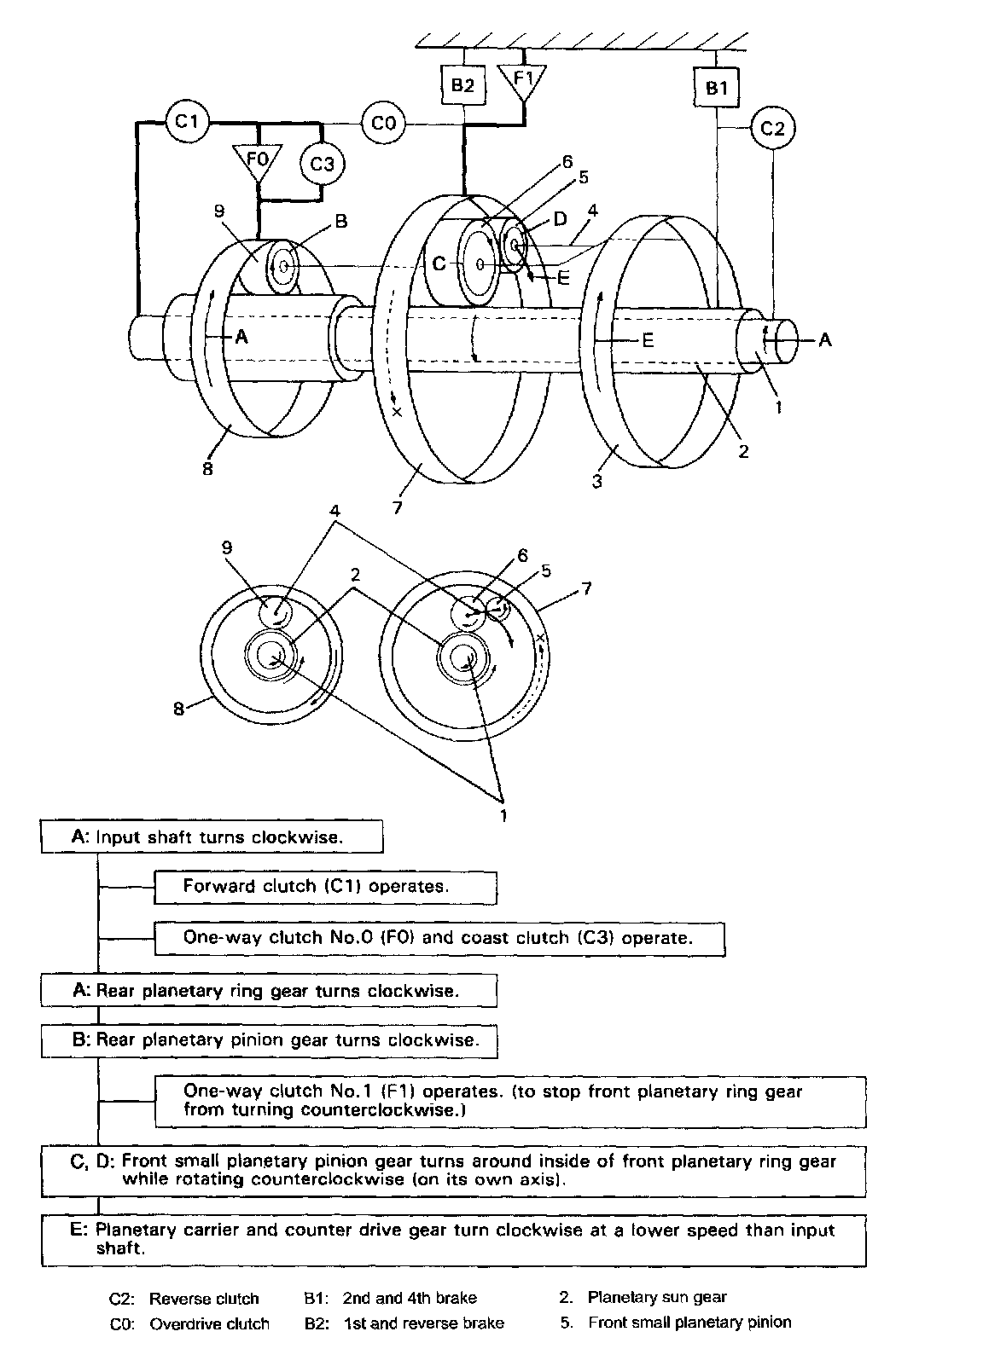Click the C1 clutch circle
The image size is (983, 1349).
[187, 122]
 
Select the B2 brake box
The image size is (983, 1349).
[462, 85]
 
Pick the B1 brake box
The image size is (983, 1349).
[717, 87]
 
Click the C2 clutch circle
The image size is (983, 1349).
[772, 128]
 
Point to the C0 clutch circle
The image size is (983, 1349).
[383, 124]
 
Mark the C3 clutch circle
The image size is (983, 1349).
[322, 162]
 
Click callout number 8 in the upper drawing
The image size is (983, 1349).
[207, 467]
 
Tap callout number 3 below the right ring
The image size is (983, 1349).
[597, 482]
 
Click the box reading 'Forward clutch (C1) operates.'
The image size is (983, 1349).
[325, 887]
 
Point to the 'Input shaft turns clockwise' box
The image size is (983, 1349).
[212, 837]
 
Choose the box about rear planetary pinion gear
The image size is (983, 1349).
[269, 1040]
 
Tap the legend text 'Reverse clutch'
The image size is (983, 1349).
[204, 1299]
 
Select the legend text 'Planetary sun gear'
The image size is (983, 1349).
[657, 1297]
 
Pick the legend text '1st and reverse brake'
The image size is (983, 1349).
[422, 1323]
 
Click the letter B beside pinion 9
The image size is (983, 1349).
[341, 221]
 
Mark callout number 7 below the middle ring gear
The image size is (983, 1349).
[397, 507]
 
